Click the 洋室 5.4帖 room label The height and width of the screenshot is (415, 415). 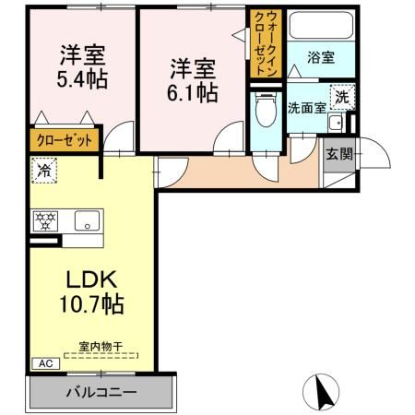[80, 66]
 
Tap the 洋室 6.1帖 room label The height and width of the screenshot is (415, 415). [193, 81]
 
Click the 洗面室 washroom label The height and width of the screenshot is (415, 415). [306, 106]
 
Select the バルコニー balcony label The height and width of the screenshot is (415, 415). [101, 392]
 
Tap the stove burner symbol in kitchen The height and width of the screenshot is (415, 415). [46, 220]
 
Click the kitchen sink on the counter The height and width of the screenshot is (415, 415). [89, 221]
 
